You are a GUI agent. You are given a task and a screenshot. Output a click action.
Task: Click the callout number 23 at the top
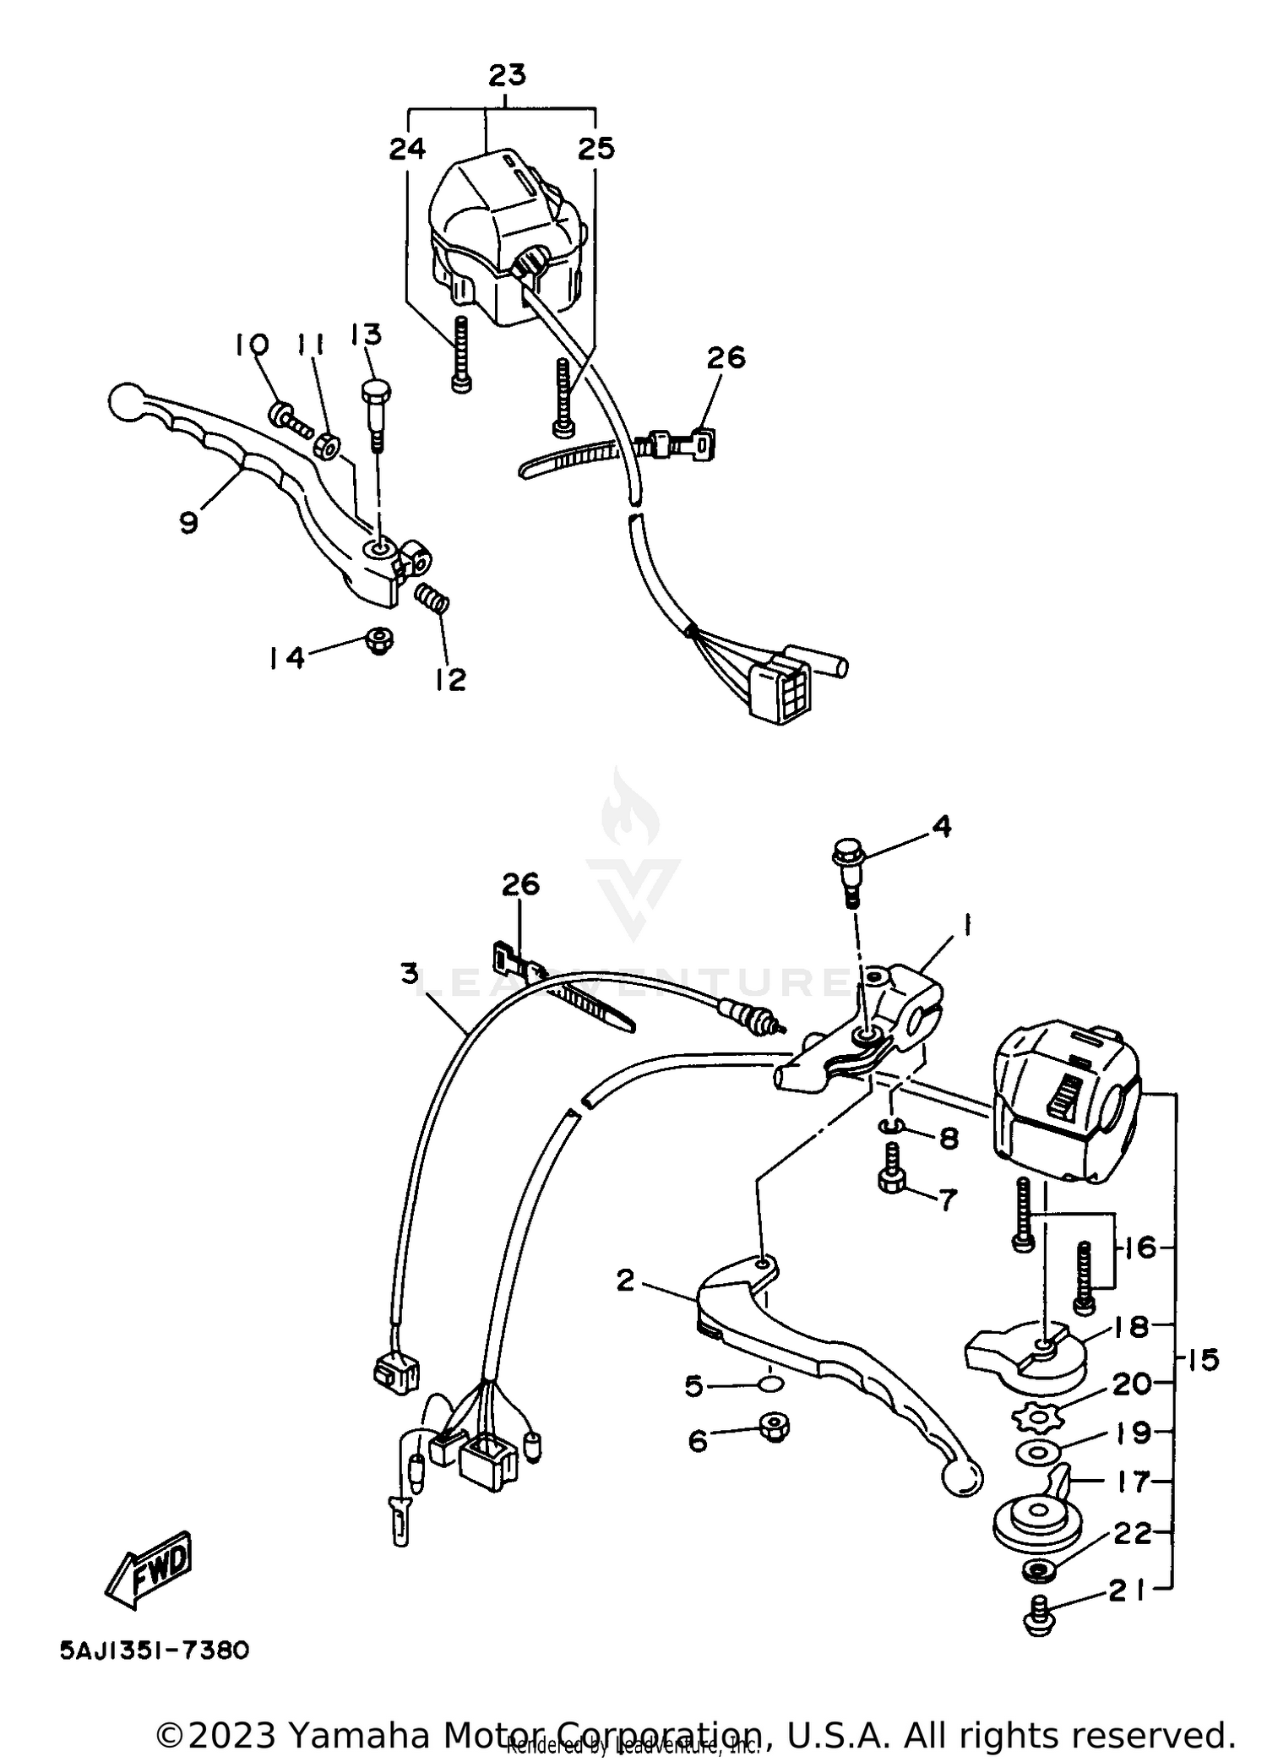(507, 76)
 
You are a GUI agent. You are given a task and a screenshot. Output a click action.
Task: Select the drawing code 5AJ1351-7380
(155, 1650)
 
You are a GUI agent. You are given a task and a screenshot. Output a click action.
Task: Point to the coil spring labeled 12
(434, 601)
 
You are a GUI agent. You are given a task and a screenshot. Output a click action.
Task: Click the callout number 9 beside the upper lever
(188, 523)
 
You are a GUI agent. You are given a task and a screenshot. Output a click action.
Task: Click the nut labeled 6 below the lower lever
(774, 1428)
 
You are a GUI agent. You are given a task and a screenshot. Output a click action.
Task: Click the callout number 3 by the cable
(410, 974)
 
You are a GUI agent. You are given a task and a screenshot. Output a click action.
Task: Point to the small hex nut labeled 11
(329, 447)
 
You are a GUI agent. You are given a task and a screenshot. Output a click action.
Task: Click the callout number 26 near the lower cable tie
(520, 884)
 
